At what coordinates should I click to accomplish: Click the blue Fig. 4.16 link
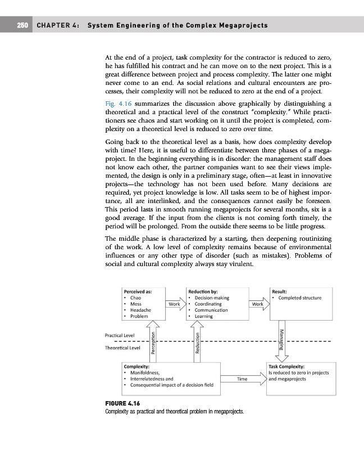(x=117, y=103)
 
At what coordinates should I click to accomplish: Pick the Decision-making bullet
(x=211, y=298)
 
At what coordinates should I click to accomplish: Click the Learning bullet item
(x=203, y=316)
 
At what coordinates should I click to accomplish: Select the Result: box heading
(x=279, y=291)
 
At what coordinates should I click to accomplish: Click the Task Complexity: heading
(x=286, y=366)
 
